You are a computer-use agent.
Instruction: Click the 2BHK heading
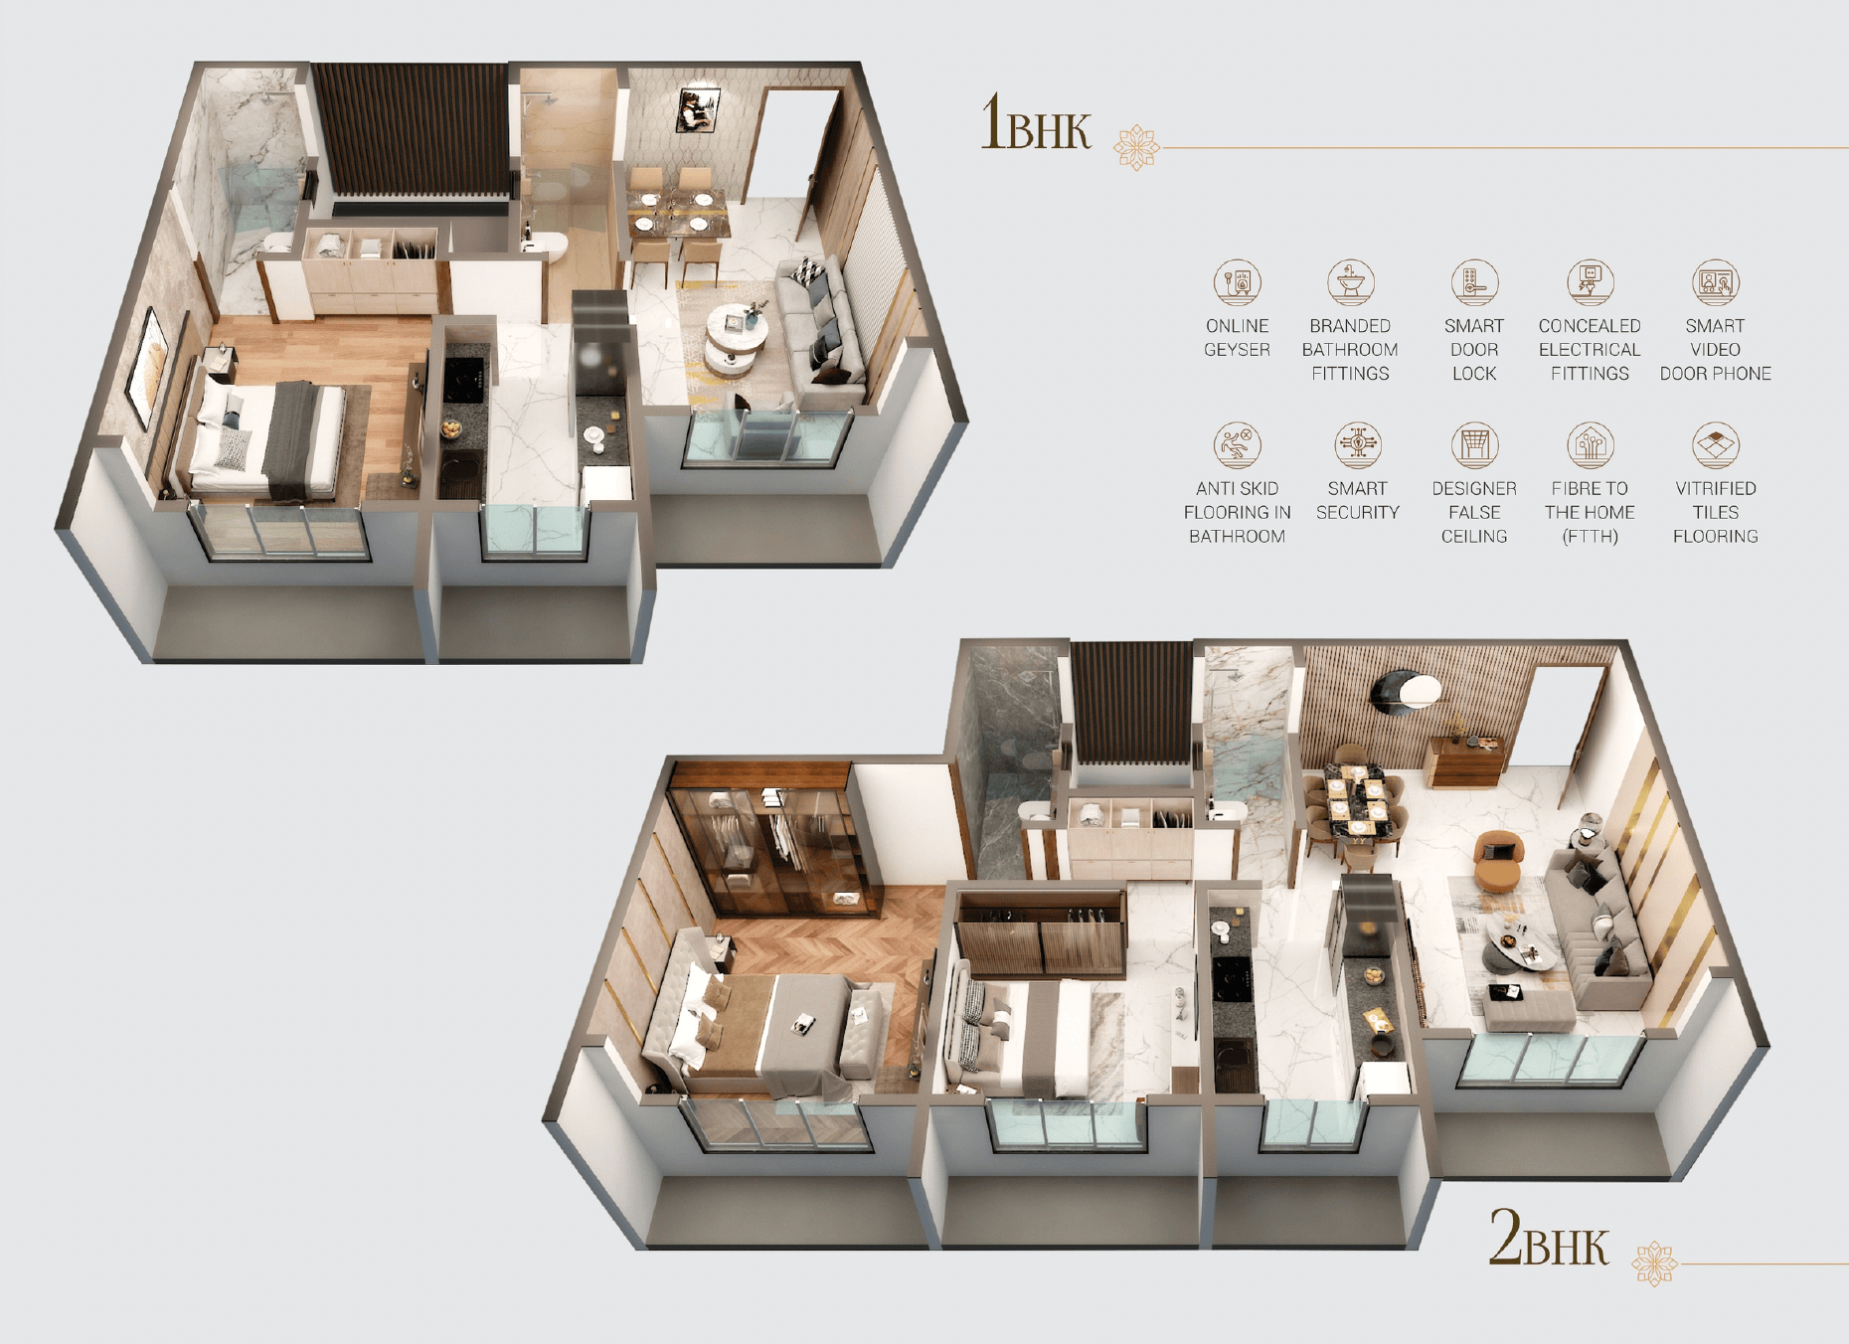1548,1239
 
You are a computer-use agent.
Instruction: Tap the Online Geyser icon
1237,282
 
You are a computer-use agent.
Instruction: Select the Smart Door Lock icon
1474,282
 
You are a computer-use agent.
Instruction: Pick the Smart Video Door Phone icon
1715,282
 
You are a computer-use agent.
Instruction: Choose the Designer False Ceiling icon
1474,444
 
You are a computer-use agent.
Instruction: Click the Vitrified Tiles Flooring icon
1715,444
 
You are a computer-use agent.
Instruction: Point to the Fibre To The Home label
1590,512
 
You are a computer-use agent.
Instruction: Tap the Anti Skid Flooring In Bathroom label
1237,512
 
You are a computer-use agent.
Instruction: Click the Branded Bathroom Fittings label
1350,350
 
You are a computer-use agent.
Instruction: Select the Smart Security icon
1357,444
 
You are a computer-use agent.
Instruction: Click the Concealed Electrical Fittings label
1590,350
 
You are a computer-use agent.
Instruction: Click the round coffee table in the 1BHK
737,335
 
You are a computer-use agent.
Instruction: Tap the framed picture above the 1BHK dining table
697,109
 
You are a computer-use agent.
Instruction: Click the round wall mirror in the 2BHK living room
1405,692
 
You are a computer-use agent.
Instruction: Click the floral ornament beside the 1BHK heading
1136,148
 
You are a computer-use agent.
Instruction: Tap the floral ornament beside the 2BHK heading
1654,1263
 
